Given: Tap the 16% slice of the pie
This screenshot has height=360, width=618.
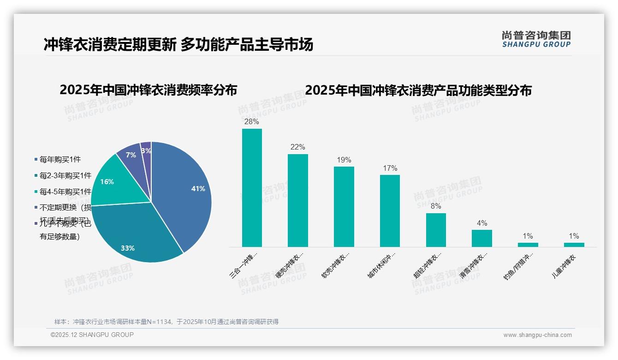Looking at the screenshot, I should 111,182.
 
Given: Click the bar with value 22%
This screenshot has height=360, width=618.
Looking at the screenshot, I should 297,200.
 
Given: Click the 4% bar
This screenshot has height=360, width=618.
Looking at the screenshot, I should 481,238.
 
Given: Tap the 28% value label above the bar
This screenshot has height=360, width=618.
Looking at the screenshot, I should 252,122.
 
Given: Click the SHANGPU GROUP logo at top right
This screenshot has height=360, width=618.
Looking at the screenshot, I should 536,39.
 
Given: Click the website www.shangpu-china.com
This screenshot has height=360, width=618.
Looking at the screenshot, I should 537,335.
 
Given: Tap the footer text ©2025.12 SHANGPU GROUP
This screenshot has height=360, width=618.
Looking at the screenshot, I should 92,335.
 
